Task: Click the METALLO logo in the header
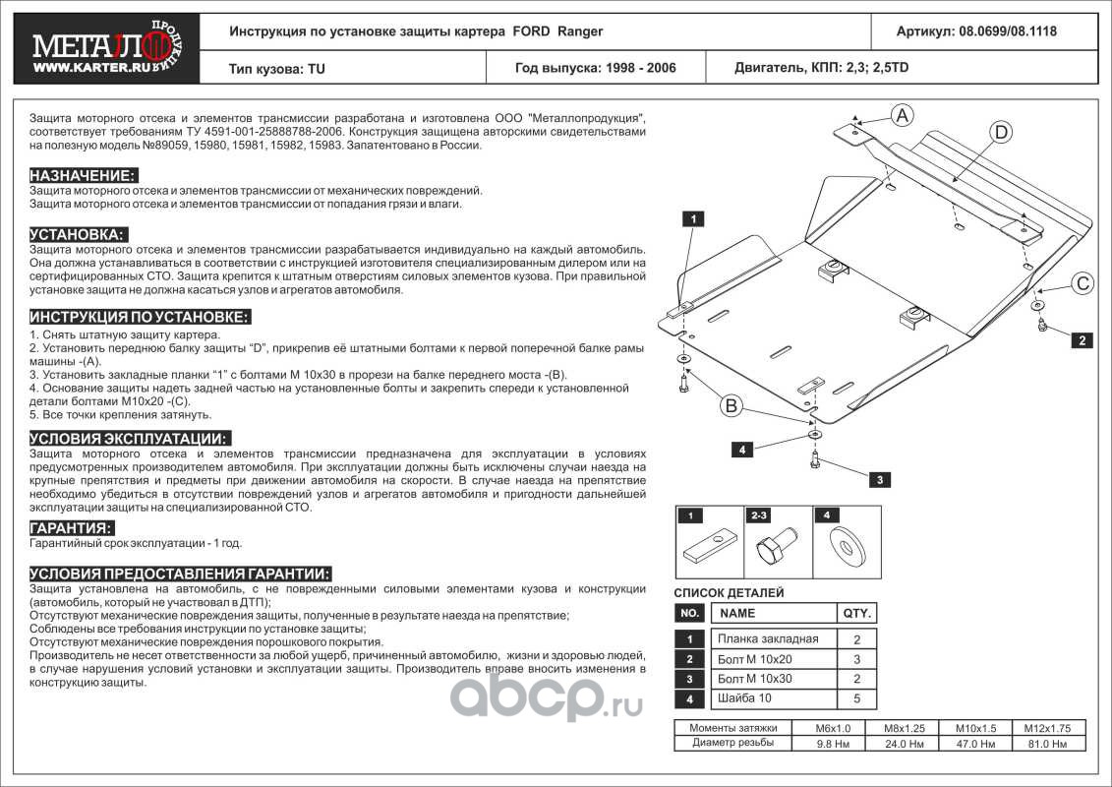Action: point(99,46)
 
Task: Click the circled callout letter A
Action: point(902,114)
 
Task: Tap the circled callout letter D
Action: point(999,132)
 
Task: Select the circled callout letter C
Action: point(1082,284)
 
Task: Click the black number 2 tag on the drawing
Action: point(1082,340)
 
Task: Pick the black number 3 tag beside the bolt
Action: point(881,480)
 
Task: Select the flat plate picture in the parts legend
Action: point(709,545)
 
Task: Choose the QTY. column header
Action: point(854,613)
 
